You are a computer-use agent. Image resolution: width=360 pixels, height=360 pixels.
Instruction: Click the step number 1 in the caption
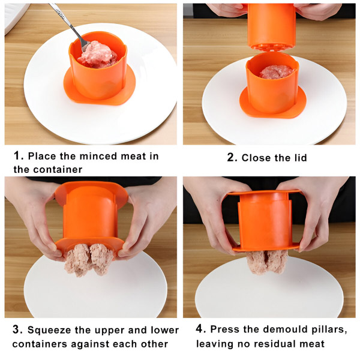(18, 156)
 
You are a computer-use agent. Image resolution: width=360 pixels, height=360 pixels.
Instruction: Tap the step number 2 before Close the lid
(232, 158)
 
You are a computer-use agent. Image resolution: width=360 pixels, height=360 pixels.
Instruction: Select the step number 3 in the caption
(18, 330)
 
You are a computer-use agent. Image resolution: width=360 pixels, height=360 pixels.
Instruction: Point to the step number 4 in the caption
(200, 330)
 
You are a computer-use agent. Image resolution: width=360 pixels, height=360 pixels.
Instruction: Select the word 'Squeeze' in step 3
(52, 331)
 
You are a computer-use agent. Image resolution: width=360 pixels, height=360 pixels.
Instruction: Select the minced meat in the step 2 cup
(276, 72)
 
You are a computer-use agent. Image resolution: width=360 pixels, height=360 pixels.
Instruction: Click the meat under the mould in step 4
(268, 262)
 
